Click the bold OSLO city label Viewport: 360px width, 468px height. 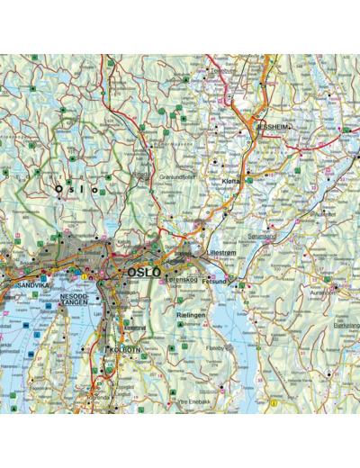143,272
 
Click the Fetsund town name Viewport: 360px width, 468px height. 214,281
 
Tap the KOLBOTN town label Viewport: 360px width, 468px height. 123,349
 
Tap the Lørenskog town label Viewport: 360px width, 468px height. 182,279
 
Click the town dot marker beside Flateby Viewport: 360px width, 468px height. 230,345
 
